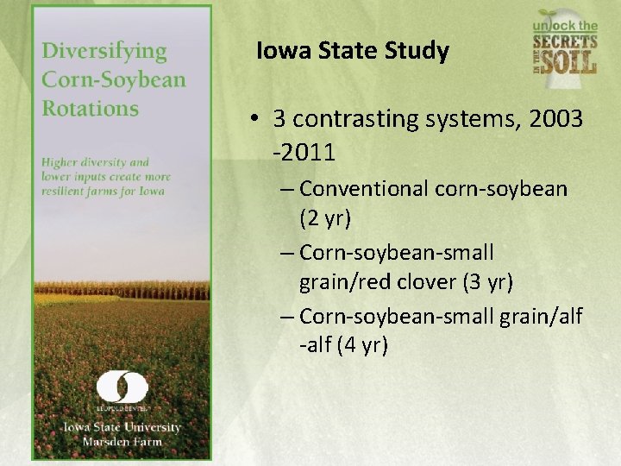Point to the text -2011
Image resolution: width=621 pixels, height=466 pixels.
[x=304, y=153]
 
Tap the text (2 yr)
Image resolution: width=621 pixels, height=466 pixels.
[x=325, y=218]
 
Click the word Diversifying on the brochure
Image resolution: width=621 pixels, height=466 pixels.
[x=103, y=51]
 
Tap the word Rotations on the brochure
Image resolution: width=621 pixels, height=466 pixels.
[x=90, y=109]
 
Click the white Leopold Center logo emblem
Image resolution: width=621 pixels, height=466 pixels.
[x=122, y=387]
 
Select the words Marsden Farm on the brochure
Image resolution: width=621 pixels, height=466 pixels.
[x=122, y=442]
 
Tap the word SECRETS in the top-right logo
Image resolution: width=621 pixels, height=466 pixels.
[x=564, y=42]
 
